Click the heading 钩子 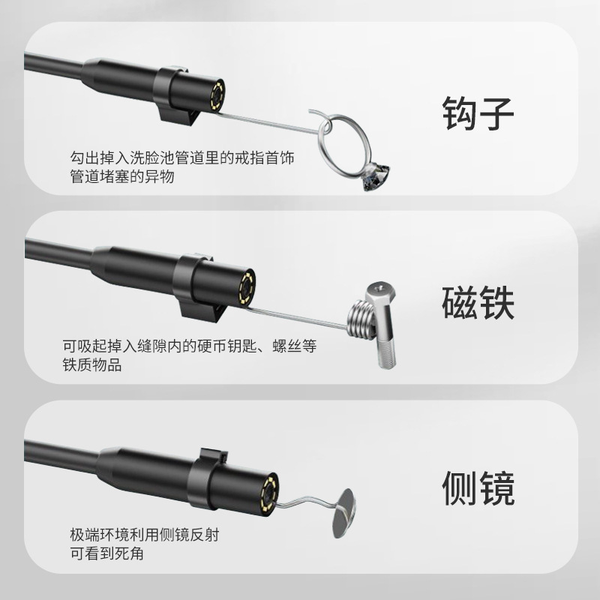pos(477,114)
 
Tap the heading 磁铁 pos(477,302)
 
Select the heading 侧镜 pos(477,489)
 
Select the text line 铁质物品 pos(93,366)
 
